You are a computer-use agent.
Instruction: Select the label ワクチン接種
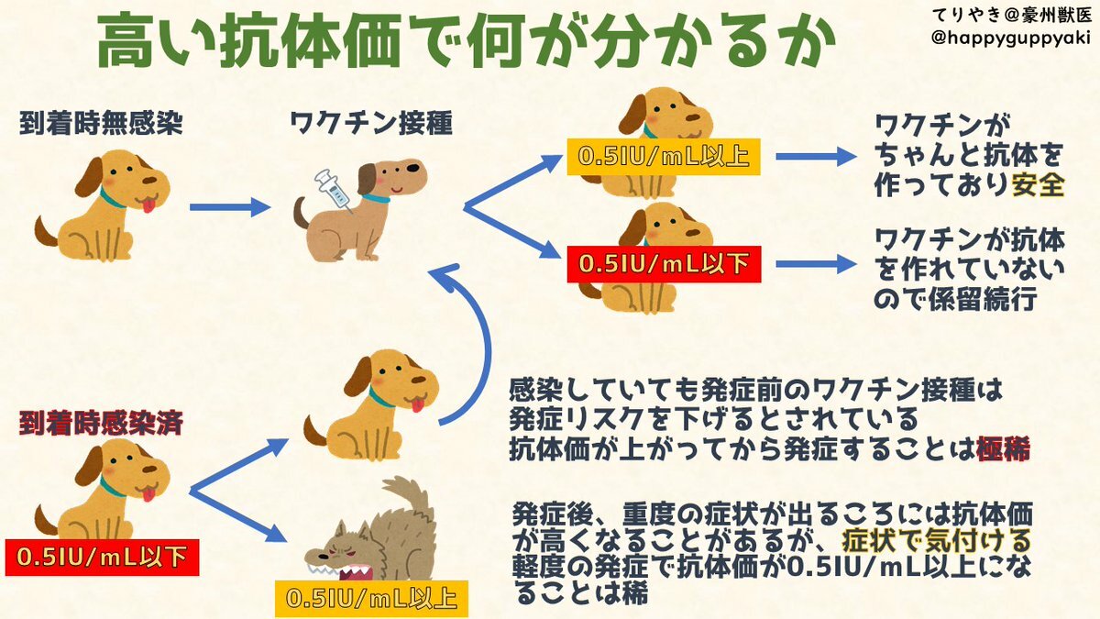tap(370, 124)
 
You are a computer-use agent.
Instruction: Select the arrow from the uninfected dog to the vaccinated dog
tap(225, 207)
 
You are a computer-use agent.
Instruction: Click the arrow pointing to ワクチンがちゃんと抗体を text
tap(814, 157)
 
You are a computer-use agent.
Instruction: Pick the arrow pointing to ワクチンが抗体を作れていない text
tap(814, 264)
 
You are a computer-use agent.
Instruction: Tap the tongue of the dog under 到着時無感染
tap(147, 206)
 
